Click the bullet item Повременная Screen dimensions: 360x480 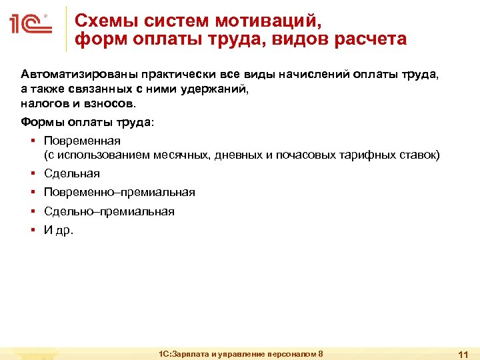click(82, 141)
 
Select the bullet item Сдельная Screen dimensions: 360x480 click(72, 173)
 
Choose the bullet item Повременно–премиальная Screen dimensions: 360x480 click(119, 192)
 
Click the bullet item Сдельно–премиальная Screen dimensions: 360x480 click(109, 211)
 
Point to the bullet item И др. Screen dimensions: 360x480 click(59, 230)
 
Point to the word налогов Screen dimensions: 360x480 click(43, 104)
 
